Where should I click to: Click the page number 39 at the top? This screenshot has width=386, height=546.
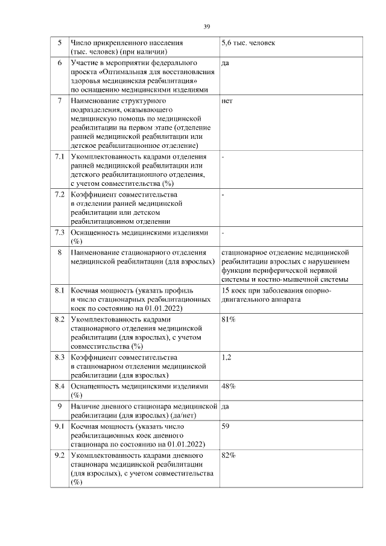(x=207, y=27)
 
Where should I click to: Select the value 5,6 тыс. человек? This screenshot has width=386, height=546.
(x=248, y=43)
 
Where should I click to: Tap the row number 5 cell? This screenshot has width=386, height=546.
(x=59, y=43)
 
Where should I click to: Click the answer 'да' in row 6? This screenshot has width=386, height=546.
(x=226, y=63)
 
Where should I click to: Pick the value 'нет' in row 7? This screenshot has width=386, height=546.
(x=227, y=101)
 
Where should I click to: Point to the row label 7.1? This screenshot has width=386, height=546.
(x=59, y=157)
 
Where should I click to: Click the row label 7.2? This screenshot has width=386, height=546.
(x=59, y=195)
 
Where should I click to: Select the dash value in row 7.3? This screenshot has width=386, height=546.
(x=223, y=232)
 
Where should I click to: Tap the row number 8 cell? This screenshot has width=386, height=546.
(x=59, y=251)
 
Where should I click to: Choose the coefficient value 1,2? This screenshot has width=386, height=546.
(x=227, y=357)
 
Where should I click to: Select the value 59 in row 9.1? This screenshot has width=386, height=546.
(x=226, y=427)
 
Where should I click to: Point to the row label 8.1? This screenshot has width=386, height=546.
(x=59, y=291)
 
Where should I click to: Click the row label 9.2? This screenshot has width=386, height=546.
(x=59, y=455)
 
